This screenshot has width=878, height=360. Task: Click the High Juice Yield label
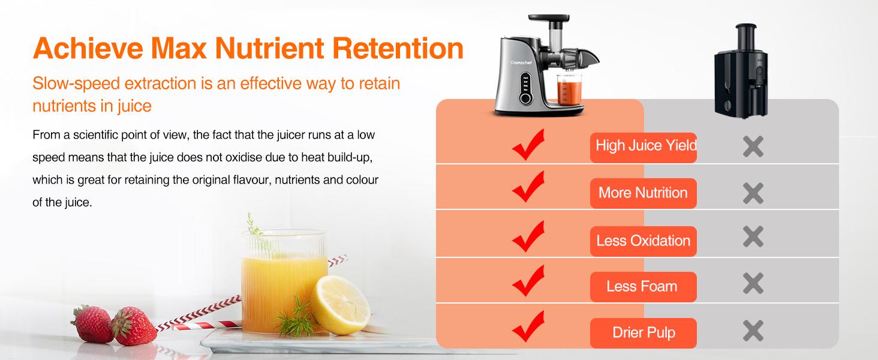point(644,146)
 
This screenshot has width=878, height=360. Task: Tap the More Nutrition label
point(643,193)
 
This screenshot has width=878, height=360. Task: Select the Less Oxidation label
point(643,241)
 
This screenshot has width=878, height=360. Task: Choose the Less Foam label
point(642,287)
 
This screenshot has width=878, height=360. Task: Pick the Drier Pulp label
point(644,333)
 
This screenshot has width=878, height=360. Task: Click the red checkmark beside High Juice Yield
point(528,145)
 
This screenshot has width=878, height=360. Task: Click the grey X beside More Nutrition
point(753,193)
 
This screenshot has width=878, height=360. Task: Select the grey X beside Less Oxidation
point(753,237)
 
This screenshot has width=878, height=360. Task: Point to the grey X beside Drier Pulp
point(753,331)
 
